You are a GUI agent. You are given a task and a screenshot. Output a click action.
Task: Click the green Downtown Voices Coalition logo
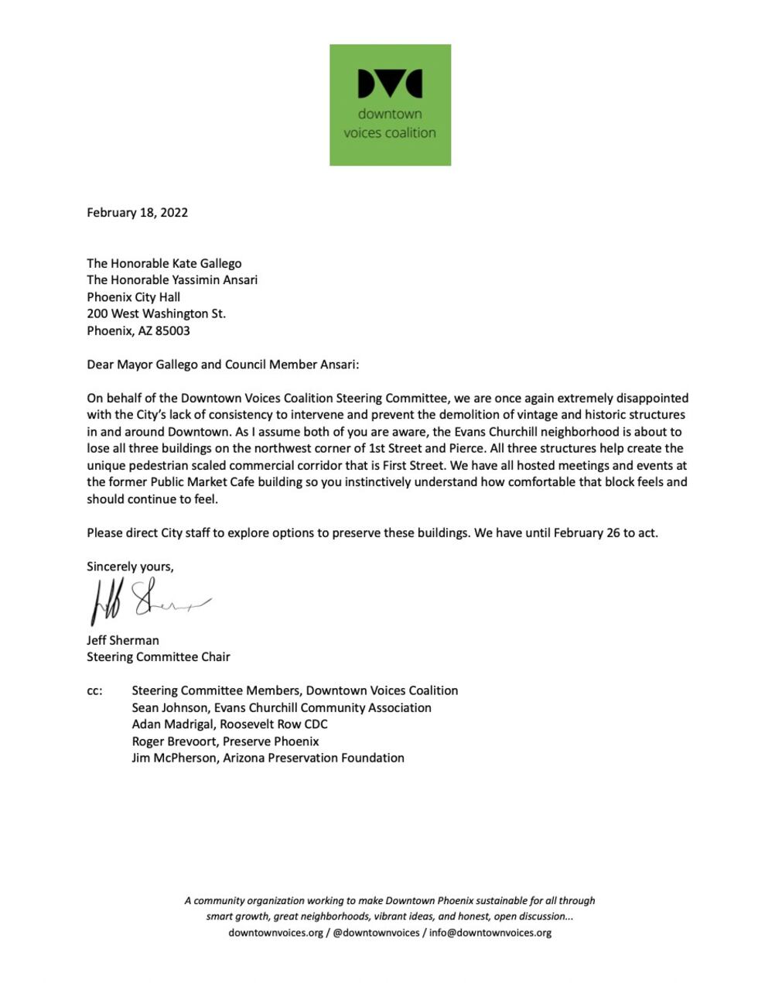tap(390, 104)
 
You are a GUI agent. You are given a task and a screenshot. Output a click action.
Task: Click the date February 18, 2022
tap(137, 212)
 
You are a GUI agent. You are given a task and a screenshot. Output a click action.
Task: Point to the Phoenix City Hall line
tap(133, 296)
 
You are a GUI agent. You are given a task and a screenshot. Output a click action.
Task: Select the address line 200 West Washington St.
tap(156, 313)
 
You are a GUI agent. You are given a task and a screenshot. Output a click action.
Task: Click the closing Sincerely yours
tap(130, 566)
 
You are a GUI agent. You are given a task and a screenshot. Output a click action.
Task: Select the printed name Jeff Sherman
tap(123, 640)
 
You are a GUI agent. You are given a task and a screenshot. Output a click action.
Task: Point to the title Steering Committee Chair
tap(159, 656)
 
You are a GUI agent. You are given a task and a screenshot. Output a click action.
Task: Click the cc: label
tap(94, 690)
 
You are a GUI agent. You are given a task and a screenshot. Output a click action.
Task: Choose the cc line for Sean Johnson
tap(282, 707)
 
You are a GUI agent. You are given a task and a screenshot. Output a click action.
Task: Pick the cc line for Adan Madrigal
tap(230, 724)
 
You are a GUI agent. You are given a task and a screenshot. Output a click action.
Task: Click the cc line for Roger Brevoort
tap(225, 741)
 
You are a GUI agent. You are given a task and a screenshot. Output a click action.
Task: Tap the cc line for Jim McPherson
tap(268, 758)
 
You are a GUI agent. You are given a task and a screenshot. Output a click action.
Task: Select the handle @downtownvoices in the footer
tap(376, 933)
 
